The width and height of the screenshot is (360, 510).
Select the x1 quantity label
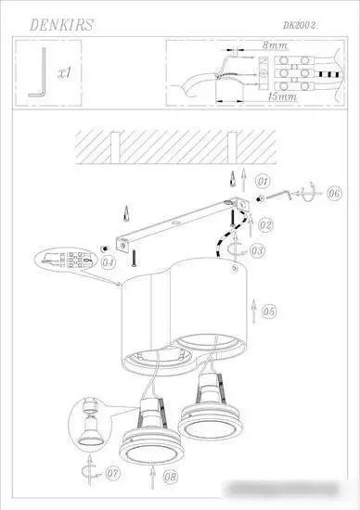coord(64,70)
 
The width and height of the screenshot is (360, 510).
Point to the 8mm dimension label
coord(275,45)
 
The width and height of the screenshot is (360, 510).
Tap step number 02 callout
coord(264,225)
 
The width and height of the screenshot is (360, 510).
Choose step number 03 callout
coord(257,250)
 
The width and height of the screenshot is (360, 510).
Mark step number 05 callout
coord(269,312)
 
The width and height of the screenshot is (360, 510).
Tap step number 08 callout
coord(170,478)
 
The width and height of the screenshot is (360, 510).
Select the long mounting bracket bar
coord(181,222)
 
